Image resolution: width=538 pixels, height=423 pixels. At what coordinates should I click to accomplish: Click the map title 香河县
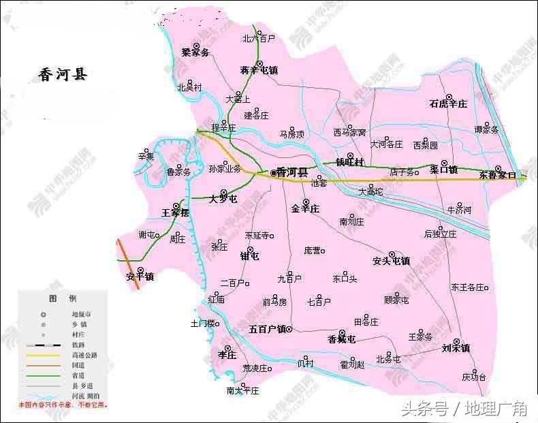coord(63,75)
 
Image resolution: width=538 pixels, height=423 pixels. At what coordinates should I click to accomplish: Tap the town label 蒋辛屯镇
coord(259,70)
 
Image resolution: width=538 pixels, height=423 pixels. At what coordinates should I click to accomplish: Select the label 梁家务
coord(195,52)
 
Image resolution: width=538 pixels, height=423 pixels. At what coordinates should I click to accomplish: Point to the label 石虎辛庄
coord(448,104)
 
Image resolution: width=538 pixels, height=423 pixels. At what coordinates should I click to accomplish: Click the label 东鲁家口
coord(499,176)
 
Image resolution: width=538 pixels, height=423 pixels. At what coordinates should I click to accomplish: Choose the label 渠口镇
coord(444,170)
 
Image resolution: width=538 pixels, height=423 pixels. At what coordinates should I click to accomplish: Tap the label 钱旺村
coord(350,163)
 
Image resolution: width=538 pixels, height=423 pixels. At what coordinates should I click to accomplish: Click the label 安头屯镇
coord(391,260)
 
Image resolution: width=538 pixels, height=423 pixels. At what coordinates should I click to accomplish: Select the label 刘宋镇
coord(456,348)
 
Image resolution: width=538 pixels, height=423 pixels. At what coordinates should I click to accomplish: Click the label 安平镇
coord(140,277)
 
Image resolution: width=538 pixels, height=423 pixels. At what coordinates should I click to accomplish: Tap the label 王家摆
coord(175,213)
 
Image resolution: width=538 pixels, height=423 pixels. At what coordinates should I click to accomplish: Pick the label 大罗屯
coord(223,199)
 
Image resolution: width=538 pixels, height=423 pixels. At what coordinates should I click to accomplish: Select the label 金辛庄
coord(305,208)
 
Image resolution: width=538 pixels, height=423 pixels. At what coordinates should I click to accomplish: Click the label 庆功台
coord(474,377)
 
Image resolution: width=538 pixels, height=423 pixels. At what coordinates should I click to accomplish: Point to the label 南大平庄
coord(243,391)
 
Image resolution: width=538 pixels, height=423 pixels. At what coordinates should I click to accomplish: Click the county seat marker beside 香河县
coord(274,173)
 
